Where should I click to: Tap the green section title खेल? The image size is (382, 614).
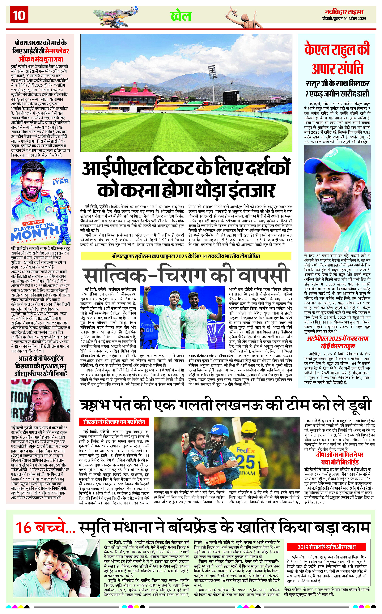tap(181, 16)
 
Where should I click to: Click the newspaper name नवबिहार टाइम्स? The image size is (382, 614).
tap(344, 12)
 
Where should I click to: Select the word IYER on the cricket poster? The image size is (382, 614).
tap(61, 181)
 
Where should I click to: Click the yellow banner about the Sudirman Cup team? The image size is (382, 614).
tap(186, 256)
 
